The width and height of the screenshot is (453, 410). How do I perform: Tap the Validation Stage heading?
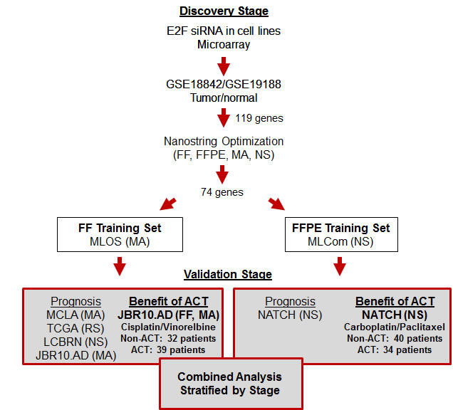(x=228, y=274)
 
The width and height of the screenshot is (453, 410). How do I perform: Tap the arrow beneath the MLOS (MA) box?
(x=119, y=265)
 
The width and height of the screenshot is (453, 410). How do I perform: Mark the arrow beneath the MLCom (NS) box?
(x=339, y=265)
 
